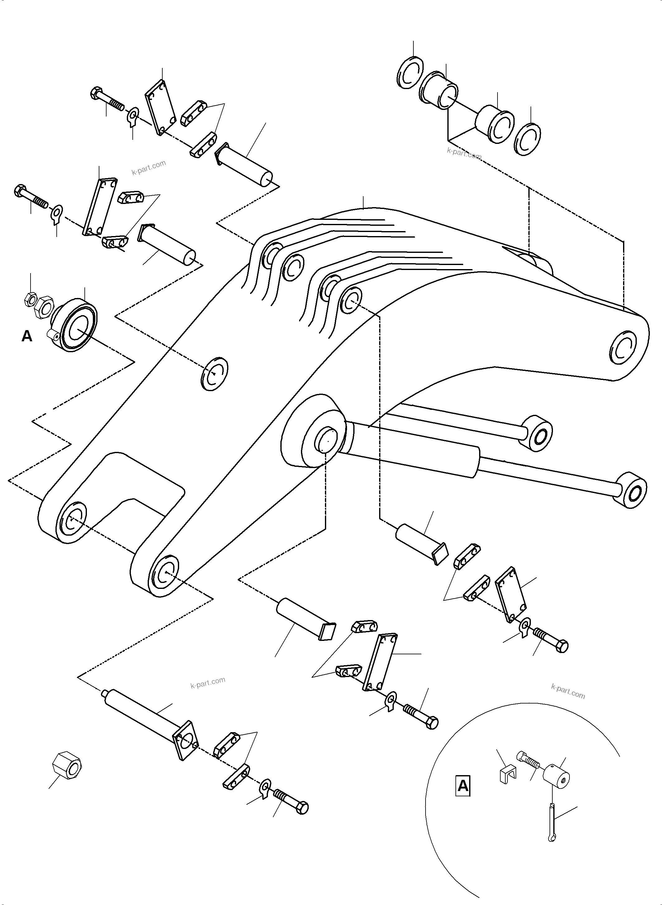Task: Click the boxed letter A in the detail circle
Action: click(x=463, y=786)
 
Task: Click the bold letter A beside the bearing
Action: click(x=27, y=336)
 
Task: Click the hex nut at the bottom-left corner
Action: click(x=67, y=765)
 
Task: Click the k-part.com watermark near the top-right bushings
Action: click(x=464, y=153)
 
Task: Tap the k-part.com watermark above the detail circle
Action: click(x=568, y=691)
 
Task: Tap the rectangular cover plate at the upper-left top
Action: click(x=160, y=108)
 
